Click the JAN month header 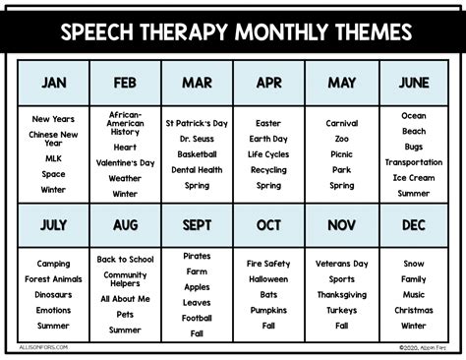(x=54, y=83)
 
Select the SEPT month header (x=197, y=225)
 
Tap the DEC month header (x=414, y=225)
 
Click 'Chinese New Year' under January (x=54, y=139)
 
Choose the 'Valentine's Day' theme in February (x=125, y=162)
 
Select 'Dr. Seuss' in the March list (x=197, y=140)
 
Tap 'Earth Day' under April (x=268, y=140)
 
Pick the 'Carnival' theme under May (x=342, y=124)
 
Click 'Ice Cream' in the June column (x=414, y=178)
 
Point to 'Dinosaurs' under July (x=54, y=294)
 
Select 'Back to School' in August (x=125, y=259)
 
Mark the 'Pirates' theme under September (x=197, y=256)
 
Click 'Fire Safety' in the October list (x=268, y=264)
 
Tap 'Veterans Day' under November (x=342, y=264)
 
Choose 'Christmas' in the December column (x=414, y=310)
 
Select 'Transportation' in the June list (x=414, y=162)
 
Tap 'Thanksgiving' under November (x=342, y=294)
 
